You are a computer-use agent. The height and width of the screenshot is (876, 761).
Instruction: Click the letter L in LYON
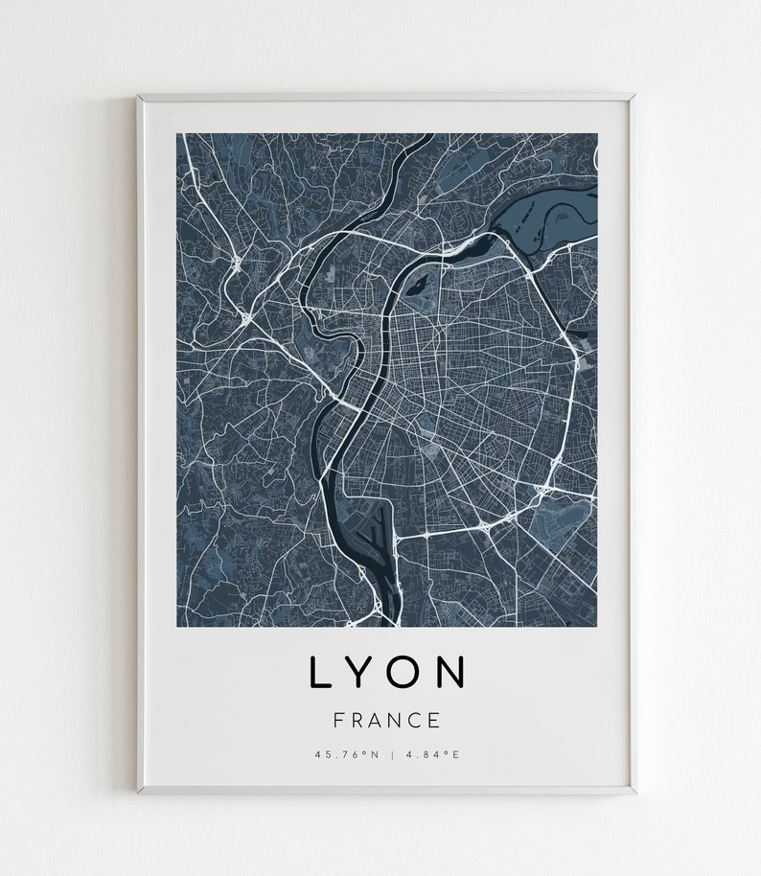(319, 673)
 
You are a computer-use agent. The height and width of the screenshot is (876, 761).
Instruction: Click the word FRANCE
(387, 720)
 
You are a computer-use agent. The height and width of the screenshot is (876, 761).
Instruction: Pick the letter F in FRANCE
(338, 720)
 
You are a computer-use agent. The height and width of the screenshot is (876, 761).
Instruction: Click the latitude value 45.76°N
(347, 755)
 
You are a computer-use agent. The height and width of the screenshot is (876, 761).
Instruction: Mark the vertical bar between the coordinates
(392, 755)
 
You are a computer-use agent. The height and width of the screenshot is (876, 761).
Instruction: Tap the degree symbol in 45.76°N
(364, 753)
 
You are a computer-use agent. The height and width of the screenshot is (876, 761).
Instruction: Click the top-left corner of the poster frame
(140, 96)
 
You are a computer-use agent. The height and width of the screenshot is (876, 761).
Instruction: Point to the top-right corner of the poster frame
(634, 96)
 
